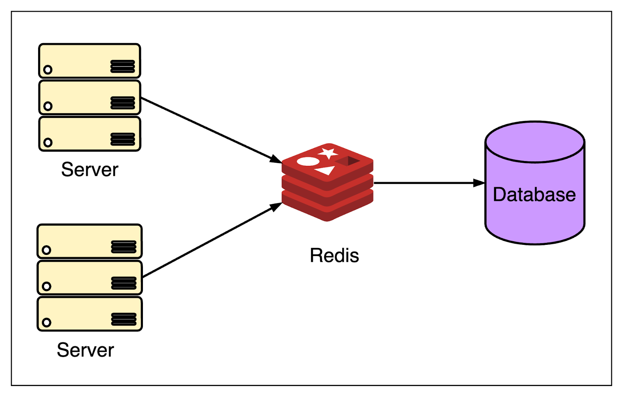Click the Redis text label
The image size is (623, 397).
coord(334,256)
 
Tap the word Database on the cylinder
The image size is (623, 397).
coord(534,195)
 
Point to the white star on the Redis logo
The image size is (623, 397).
coord(328,153)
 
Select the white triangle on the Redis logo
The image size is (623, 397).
coord(326,170)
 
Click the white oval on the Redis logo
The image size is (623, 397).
coord(308,162)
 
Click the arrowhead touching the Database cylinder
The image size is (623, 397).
coord(479,183)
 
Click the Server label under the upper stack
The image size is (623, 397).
coord(90,170)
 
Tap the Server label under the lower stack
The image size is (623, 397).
coord(85,350)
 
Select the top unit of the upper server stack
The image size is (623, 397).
coord(90,61)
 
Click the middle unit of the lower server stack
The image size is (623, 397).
coord(90,278)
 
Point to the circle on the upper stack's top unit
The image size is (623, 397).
coord(48,70)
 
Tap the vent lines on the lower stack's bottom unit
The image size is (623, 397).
coord(123,319)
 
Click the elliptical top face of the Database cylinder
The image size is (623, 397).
coord(535,142)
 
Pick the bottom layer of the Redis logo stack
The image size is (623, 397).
coord(327,208)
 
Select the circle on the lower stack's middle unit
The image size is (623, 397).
coord(47,286)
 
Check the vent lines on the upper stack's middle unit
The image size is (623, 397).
coord(123,103)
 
